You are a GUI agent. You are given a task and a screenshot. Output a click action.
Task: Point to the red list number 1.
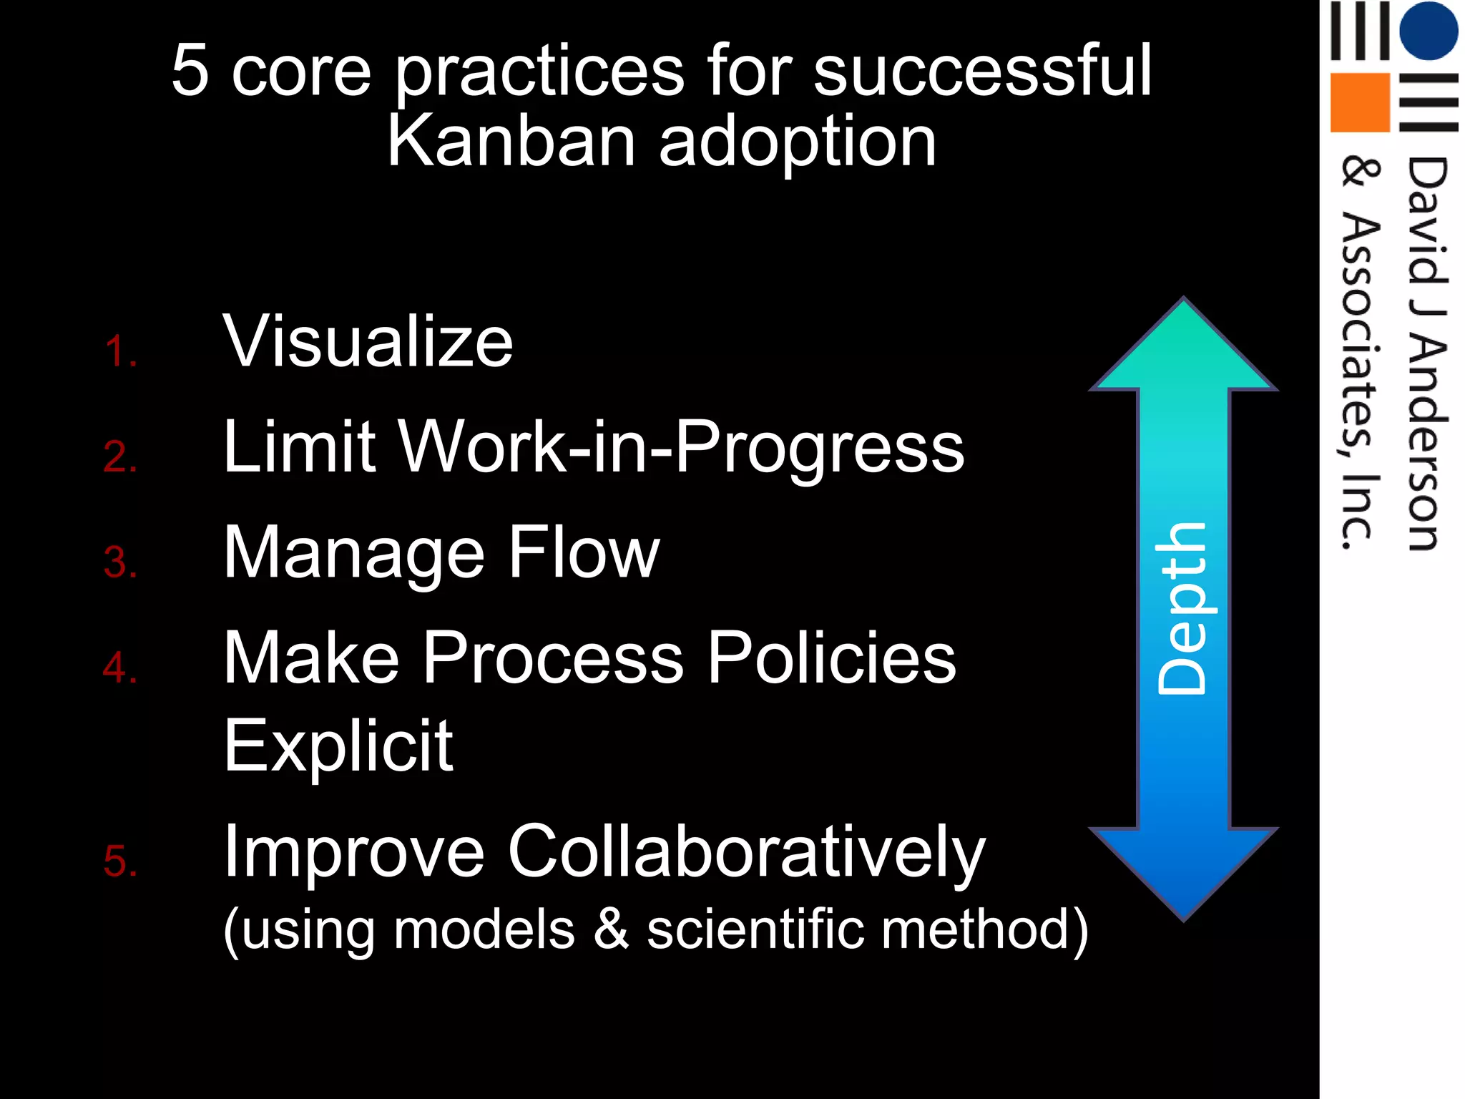[119, 352]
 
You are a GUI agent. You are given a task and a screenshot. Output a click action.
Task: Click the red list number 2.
[119, 456]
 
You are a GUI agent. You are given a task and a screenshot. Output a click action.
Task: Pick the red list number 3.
[119, 562]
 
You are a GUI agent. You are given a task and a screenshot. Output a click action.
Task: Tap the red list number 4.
[119, 668]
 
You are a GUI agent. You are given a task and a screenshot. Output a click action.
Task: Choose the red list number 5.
[119, 861]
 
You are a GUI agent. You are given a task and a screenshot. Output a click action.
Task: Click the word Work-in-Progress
[680, 447]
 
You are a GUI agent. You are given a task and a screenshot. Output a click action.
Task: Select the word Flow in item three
[584, 552]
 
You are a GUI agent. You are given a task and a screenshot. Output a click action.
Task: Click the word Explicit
[338, 746]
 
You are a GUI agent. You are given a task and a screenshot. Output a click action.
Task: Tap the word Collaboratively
[746, 853]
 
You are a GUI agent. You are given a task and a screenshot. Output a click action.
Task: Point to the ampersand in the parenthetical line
[611, 929]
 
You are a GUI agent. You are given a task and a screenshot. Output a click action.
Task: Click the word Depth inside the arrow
[1182, 608]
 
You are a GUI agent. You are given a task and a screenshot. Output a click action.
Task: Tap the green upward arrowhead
[1183, 351]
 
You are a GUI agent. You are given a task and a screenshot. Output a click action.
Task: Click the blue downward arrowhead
[1183, 869]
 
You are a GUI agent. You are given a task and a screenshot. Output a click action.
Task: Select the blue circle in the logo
[1428, 30]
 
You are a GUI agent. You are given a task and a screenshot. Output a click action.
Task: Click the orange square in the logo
[1359, 102]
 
